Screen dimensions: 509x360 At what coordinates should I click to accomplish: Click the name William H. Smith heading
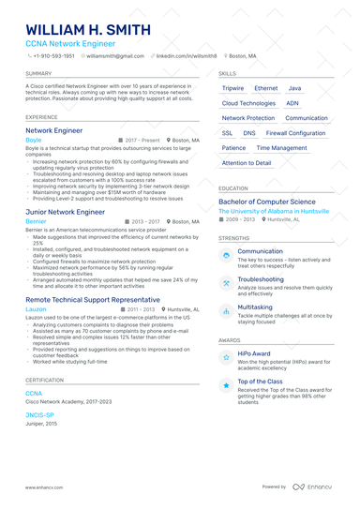89,30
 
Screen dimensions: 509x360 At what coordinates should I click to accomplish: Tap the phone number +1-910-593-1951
54,56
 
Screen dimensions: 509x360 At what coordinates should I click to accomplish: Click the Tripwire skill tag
233,88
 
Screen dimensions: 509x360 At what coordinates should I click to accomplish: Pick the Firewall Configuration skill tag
295,133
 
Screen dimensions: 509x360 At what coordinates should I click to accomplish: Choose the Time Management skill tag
281,148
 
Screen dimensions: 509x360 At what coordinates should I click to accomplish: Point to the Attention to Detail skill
247,163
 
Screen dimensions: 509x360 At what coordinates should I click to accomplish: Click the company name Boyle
34,140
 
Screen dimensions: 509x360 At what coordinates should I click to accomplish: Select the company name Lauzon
36,308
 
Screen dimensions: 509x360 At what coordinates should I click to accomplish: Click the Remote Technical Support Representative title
93,299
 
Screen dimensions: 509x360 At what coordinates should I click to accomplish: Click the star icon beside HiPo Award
226,356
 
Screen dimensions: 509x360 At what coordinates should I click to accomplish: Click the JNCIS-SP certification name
39,414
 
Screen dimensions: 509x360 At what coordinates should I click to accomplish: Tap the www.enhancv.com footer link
43,487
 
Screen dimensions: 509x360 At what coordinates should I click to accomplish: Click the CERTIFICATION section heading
45,380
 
